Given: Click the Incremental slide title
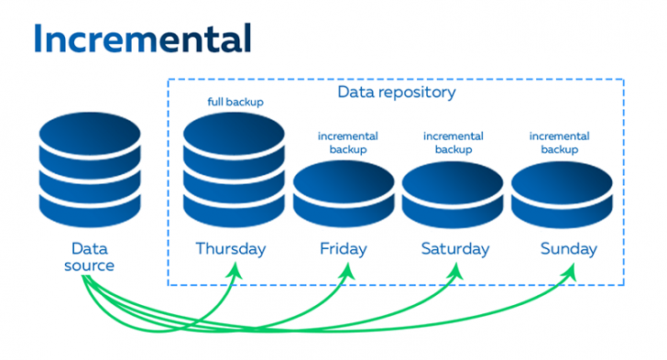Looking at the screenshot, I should [x=142, y=38].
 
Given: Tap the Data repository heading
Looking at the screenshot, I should [x=397, y=93].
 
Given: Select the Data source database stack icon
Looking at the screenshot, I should [x=91, y=168].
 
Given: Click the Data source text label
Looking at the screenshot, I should [x=91, y=256].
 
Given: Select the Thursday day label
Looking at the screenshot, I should [x=231, y=248].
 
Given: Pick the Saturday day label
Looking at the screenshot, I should [x=455, y=248].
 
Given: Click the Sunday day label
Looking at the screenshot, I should [x=568, y=248].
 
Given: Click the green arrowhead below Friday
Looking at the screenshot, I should [x=347, y=269].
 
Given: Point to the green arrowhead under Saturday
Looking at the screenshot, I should [x=455, y=269].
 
